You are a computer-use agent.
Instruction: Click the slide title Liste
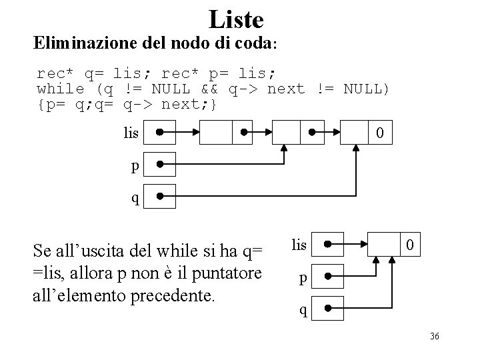[236, 19]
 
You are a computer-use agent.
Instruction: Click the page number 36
[434, 335]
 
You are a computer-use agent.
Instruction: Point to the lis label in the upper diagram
[131, 134]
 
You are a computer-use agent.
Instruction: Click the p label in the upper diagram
[135, 166]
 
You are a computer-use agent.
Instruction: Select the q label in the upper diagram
[135, 198]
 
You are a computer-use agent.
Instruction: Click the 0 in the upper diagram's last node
[379, 134]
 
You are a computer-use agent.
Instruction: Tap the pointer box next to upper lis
[160, 132]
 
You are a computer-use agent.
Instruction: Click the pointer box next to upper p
[160, 164]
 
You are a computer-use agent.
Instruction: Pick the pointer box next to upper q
[160, 196]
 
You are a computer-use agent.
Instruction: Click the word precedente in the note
[177, 295]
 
